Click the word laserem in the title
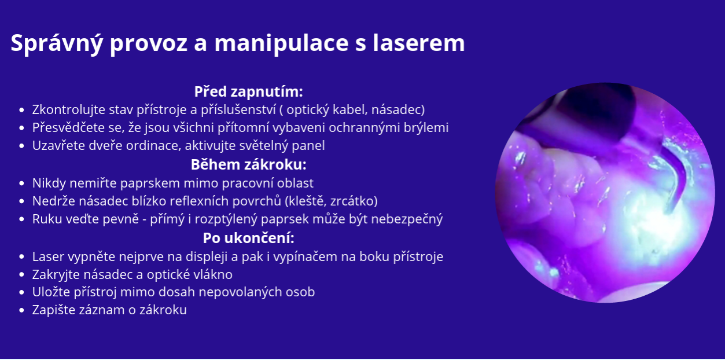(419, 43)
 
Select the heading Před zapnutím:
(249, 92)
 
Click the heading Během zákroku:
(249, 164)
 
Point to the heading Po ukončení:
(249, 238)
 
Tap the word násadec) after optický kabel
(398, 110)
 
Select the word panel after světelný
(308, 146)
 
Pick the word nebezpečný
(407, 219)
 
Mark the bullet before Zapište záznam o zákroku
(21, 310)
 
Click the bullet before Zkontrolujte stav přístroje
(21, 110)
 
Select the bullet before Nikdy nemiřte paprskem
(21, 183)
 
